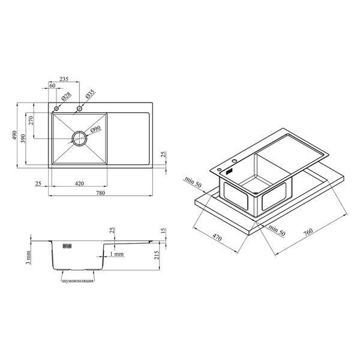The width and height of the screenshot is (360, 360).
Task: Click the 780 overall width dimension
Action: [100, 193]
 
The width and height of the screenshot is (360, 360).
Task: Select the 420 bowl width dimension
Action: [79, 184]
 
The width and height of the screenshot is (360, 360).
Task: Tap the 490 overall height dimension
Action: [14, 135]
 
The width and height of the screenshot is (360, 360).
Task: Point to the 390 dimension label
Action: [23, 139]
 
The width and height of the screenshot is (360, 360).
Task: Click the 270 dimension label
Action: [31, 121]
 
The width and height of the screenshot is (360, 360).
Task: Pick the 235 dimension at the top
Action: [64, 79]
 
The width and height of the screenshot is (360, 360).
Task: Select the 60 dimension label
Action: [52, 85]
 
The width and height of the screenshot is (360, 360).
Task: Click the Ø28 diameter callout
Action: [67, 97]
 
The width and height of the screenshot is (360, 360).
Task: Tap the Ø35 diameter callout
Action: [90, 94]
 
